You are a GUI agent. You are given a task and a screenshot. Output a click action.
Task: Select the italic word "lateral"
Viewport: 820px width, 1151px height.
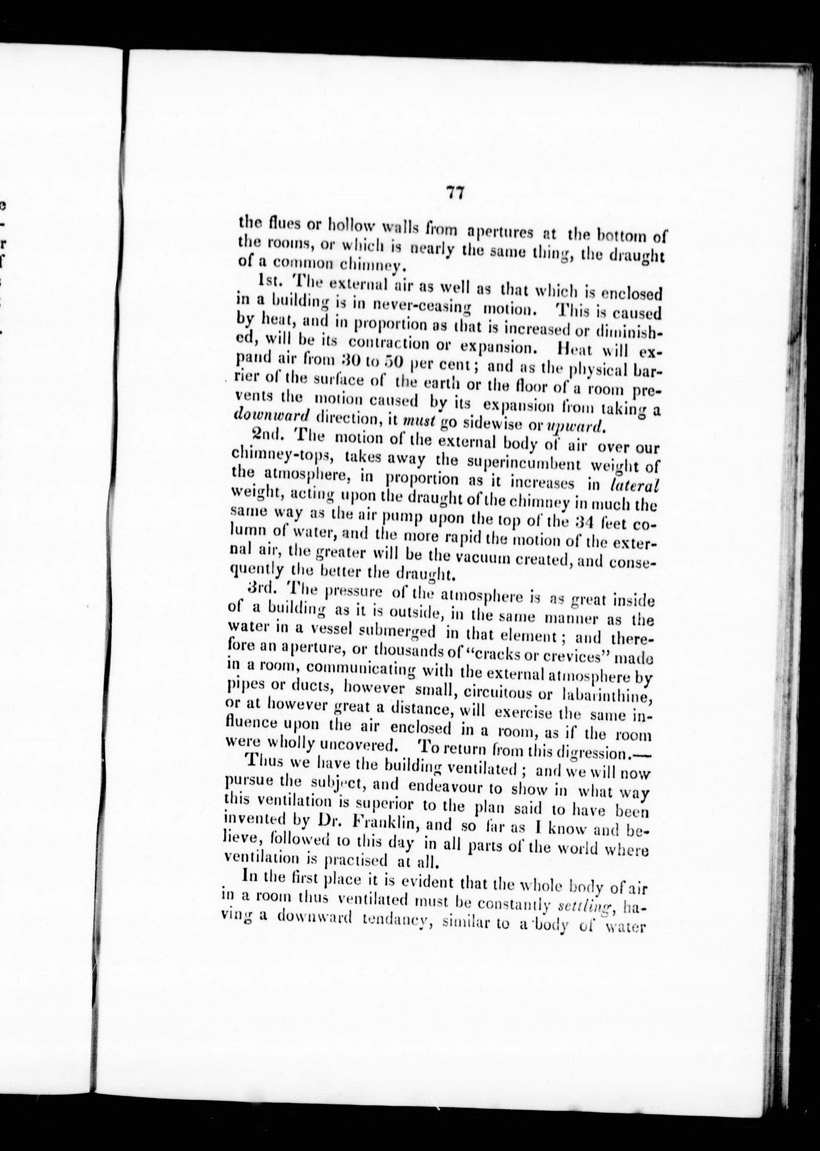point(634,486)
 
